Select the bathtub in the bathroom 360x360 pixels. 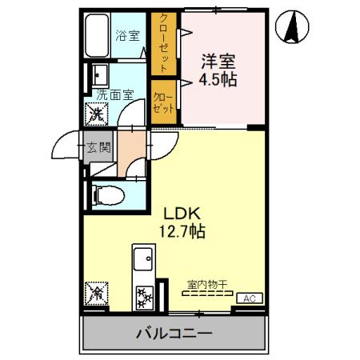(x=97, y=36)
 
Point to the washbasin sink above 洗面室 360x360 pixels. (x=100, y=76)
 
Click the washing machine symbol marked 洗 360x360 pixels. (x=95, y=114)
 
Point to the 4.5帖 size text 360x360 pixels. (x=218, y=80)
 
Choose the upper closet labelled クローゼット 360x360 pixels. (x=163, y=42)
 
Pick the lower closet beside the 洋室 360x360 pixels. (x=163, y=100)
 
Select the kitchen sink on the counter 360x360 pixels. (x=143, y=260)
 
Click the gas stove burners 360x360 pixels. (x=144, y=298)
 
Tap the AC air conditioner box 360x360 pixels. (x=249, y=298)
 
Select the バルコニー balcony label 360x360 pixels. (x=174, y=333)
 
